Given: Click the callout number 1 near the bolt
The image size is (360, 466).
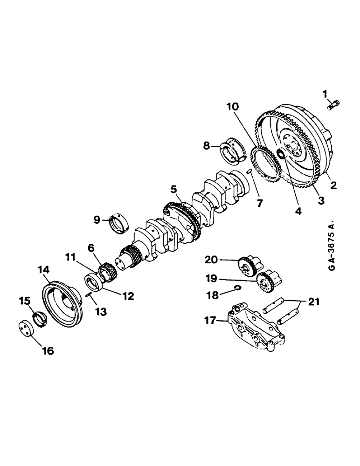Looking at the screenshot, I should pos(325,95).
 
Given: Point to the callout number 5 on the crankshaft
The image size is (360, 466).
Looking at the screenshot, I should pos(173,189).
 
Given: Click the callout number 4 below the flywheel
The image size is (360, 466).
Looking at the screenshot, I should pos(298,210).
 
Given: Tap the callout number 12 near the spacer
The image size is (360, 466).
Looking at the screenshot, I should pos(128,295).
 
